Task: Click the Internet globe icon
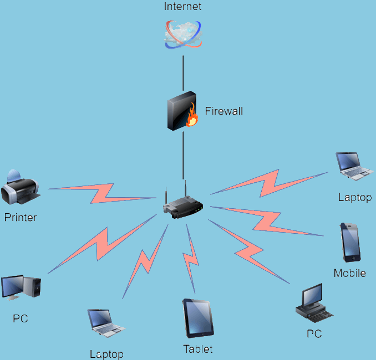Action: click(183, 34)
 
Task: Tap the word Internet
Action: click(183, 7)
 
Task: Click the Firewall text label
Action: click(224, 111)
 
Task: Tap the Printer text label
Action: click(21, 218)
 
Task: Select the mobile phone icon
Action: click(350, 242)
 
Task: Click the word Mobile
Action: click(350, 273)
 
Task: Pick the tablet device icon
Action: click(198, 318)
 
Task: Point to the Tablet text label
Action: click(198, 349)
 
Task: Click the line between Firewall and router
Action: click(183, 155)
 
